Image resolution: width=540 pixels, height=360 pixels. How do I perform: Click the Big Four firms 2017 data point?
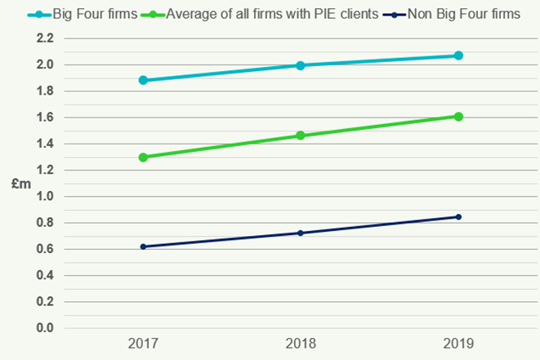144,80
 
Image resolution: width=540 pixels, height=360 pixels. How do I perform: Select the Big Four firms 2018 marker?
301,65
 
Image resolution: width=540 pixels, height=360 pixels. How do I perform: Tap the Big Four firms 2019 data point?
458,56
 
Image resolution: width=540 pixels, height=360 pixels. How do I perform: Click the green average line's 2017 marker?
144,157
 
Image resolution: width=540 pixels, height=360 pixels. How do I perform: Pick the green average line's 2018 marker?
301,136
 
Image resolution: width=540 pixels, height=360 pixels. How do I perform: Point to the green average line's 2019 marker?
458,117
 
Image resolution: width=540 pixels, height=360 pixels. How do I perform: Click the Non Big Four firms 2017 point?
144,247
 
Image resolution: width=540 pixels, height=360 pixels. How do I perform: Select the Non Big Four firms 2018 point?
301,233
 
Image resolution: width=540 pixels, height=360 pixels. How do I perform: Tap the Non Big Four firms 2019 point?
458,217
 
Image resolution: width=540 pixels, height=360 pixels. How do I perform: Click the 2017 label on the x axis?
144,344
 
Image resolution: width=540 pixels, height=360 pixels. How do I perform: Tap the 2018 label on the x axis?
301,344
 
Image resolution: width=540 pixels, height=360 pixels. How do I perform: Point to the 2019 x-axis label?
458,344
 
